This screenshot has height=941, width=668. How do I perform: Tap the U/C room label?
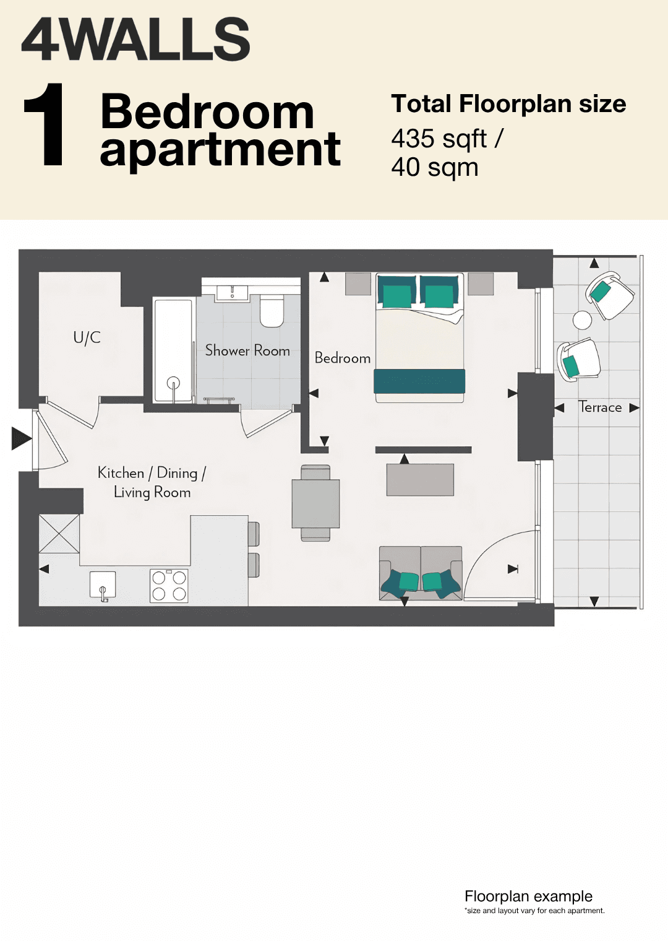[x=87, y=337]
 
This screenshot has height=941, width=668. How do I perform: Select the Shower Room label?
[x=247, y=350]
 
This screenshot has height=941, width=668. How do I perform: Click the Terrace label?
[x=599, y=407]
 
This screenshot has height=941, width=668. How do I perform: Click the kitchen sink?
[x=103, y=585]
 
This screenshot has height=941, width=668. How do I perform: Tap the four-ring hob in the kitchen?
[x=169, y=586]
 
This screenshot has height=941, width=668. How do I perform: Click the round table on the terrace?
[x=582, y=320]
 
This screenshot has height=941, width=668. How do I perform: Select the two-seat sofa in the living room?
[x=421, y=573]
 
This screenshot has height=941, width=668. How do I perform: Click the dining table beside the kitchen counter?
[x=315, y=503]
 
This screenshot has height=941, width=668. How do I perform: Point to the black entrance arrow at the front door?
[x=21, y=438]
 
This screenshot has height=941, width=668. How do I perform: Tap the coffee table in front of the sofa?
[x=420, y=480]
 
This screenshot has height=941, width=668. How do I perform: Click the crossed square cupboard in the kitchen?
[x=59, y=534]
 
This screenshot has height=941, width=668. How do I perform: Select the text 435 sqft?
[x=439, y=139]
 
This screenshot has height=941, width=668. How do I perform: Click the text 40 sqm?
[x=435, y=168]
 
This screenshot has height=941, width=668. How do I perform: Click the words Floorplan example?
[x=528, y=896]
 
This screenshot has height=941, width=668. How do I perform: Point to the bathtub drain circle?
[x=173, y=383]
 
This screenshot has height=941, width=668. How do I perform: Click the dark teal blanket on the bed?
[x=419, y=381]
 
